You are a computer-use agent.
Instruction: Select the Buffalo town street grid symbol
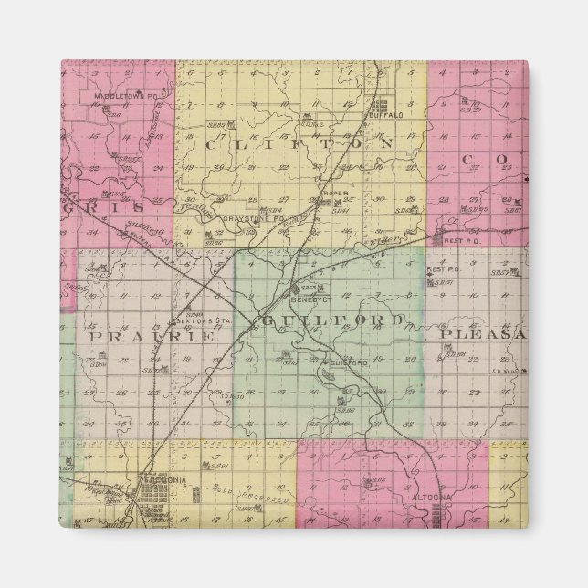click(379, 103)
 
